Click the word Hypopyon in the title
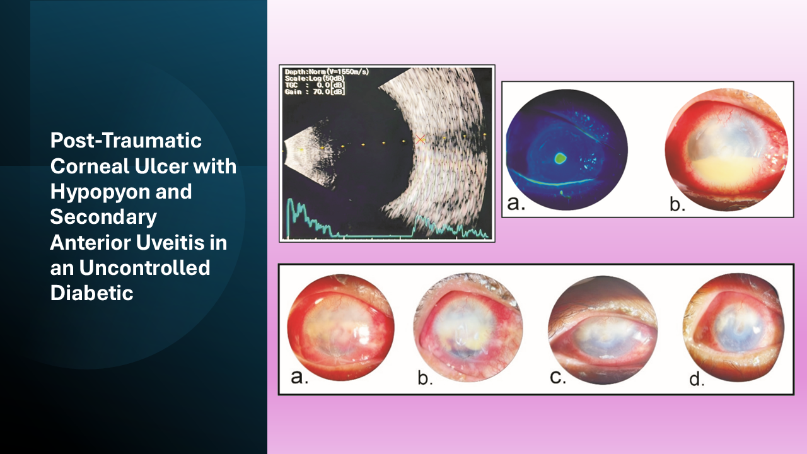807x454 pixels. point(100,192)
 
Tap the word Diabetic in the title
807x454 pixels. point(91,293)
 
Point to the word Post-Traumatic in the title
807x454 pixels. point(125,140)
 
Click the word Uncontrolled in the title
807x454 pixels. point(144,268)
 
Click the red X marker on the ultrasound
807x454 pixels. point(421,139)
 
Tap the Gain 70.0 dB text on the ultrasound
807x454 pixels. point(315,92)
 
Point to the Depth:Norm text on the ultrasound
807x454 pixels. point(305,72)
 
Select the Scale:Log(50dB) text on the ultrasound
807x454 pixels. point(315,78)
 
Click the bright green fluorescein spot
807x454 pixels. point(560,158)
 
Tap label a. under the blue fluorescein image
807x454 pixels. point(516,203)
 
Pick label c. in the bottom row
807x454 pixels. point(558,376)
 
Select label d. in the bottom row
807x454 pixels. point(697,379)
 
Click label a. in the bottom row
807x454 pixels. point(299,377)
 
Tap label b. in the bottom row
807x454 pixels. point(425,378)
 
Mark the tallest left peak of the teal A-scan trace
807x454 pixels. point(289,199)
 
